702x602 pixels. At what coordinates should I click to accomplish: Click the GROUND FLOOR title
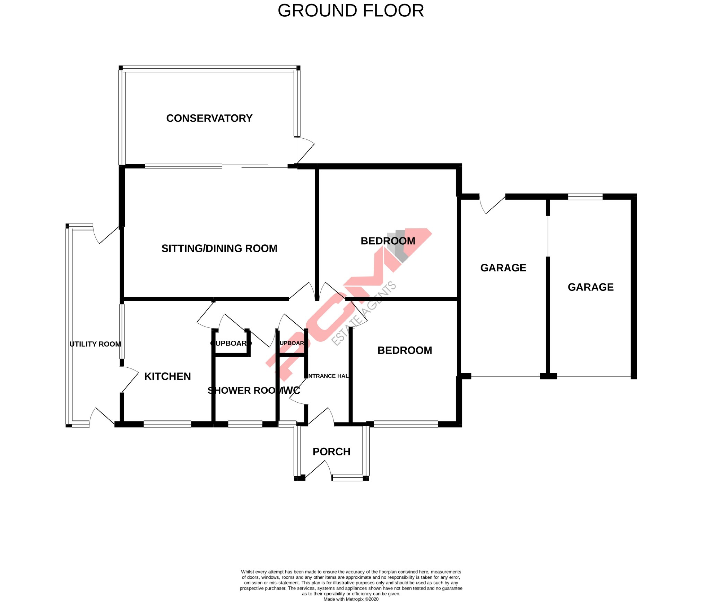(350, 11)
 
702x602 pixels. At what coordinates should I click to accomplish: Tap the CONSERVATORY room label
(209, 118)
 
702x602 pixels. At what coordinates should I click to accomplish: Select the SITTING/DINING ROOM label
(219, 248)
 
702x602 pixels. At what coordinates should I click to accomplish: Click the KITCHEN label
(167, 376)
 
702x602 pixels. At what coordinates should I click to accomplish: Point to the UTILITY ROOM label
(95, 344)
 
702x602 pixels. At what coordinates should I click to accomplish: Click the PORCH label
(331, 452)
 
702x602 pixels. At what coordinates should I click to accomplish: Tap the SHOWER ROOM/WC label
(253, 391)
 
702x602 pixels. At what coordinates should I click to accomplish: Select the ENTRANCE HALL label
(328, 376)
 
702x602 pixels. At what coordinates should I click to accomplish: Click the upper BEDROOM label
(388, 241)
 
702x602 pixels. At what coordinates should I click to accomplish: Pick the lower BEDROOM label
(405, 350)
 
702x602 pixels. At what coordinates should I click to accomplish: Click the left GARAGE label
(503, 268)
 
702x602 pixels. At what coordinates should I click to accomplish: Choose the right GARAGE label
(590, 287)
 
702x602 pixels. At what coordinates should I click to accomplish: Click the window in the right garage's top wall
(585, 197)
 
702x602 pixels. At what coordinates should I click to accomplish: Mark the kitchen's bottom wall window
(167, 424)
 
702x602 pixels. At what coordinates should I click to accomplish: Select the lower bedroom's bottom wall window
(406, 424)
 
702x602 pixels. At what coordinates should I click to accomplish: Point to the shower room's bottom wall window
(245, 424)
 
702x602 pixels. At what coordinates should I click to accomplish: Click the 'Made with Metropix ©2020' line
(351, 599)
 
